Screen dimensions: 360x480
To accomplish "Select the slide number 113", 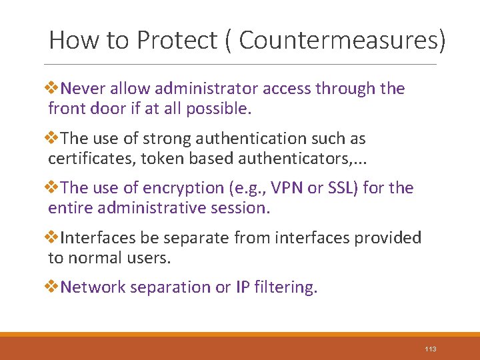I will pyautogui.click(x=429, y=349).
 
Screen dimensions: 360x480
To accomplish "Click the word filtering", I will pyautogui.click(x=289, y=287).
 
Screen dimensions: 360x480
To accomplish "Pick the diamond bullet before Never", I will pyautogui.click(x=53, y=89).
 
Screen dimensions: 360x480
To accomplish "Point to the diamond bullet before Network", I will pyautogui.click(x=53, y=287).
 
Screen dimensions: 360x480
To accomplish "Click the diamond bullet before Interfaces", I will pyautogui.click(x=53, y=238).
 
